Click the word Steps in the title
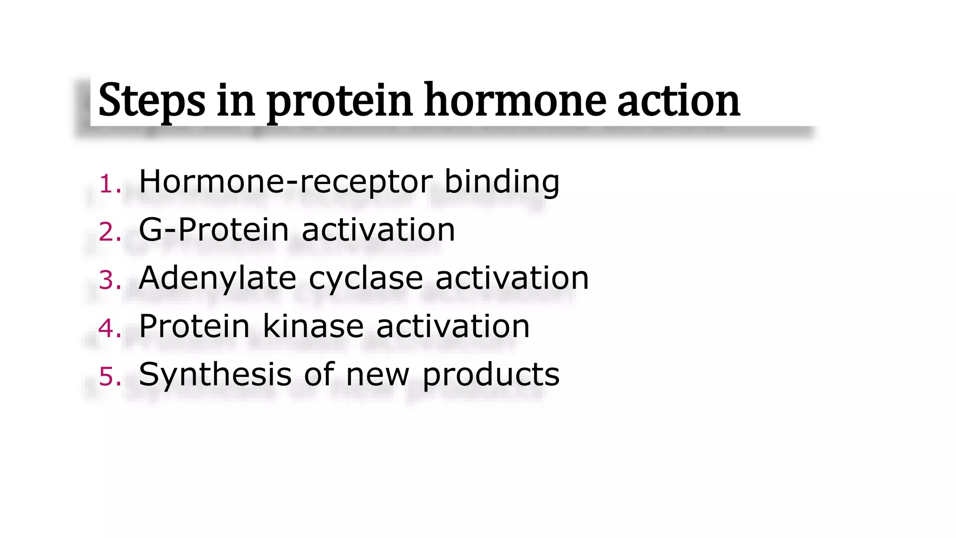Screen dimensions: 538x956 [x=152, y=100]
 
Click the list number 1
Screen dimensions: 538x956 [x=109, y=184]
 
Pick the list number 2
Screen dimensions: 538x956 [x=110, y=232]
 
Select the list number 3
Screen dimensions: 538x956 [x=110, y=280]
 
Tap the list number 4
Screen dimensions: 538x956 [x=110, y=328]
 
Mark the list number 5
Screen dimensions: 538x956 [x=110, y=376]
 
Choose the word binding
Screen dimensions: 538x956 [x=501, y=182]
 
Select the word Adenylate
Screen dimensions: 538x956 [x=218, y=278]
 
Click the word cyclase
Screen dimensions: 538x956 [x=366, y=279]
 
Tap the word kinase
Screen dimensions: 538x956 [x=313, y=326]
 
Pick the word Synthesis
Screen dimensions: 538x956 [x=215, y=375]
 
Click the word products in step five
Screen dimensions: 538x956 [x=491, y=375]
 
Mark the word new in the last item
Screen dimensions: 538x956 [x=377, y=375]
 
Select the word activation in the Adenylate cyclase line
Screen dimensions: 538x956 [x=512, y=278]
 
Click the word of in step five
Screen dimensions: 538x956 [x=319, y=375]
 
